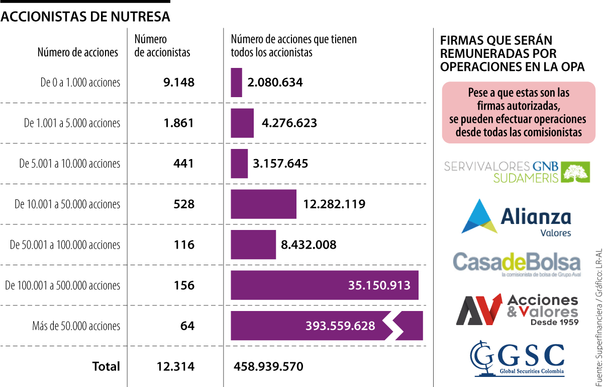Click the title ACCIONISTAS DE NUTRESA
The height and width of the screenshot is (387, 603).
(85, 17)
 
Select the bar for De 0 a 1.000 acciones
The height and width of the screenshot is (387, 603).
(236, 83)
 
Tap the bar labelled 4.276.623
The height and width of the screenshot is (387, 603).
(242, 123)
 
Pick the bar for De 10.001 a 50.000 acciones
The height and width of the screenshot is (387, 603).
(263, 204)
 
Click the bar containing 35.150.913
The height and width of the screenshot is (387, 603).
(324, 285)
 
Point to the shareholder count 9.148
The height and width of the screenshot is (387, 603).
(178, 83)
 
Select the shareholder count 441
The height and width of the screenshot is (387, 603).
(183, 164)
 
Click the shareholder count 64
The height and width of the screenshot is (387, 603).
(187, 326)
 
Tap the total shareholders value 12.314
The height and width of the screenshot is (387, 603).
(175, 366)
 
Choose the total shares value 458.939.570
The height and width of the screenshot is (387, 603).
(268, 366)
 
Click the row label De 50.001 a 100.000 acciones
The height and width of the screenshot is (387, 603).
(65, 245)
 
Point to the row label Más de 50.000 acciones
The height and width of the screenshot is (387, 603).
(76, 326)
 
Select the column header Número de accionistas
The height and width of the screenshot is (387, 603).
(162, 45)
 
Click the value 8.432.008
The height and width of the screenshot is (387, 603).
(309, 245)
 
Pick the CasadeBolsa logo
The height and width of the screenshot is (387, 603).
(516, 263)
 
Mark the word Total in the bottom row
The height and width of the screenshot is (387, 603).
(106, 366)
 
